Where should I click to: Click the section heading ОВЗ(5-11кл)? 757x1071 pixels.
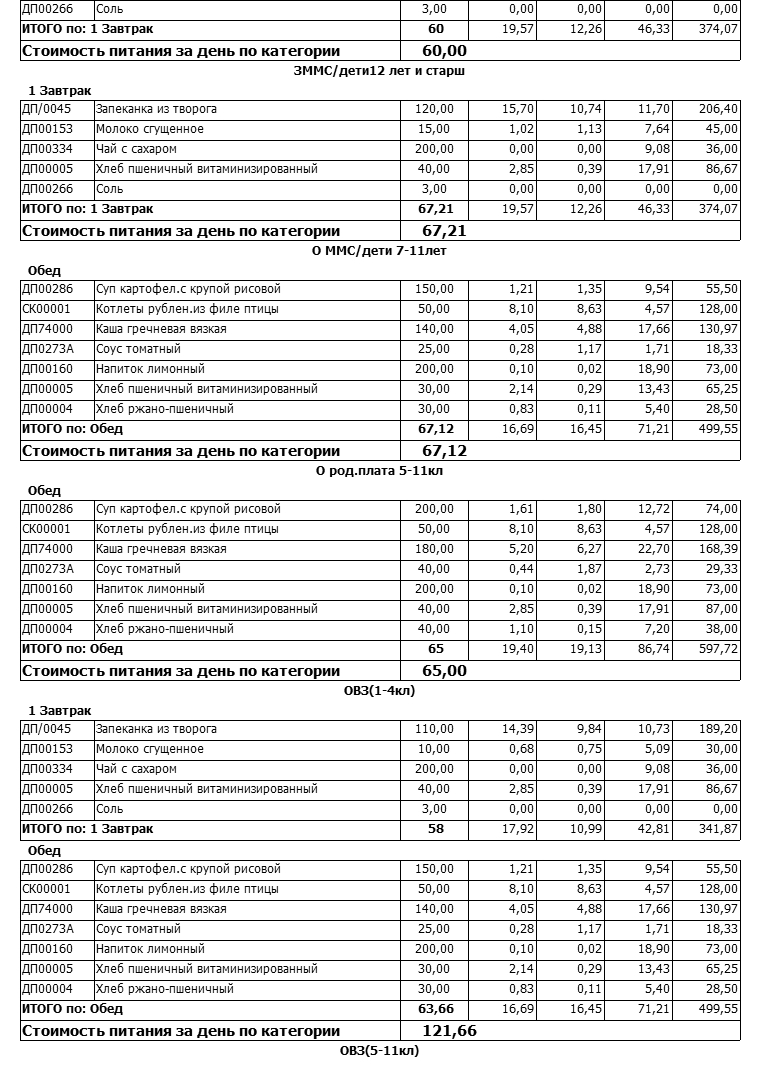[379, 1050]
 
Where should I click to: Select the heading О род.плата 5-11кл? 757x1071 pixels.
[379, 470]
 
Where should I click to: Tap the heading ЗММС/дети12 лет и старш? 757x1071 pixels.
[379, 70]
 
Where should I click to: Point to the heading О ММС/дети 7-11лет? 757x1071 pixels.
[379, 250]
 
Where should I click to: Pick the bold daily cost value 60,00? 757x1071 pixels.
[444, 50]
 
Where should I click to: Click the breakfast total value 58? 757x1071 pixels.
[435, 829]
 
